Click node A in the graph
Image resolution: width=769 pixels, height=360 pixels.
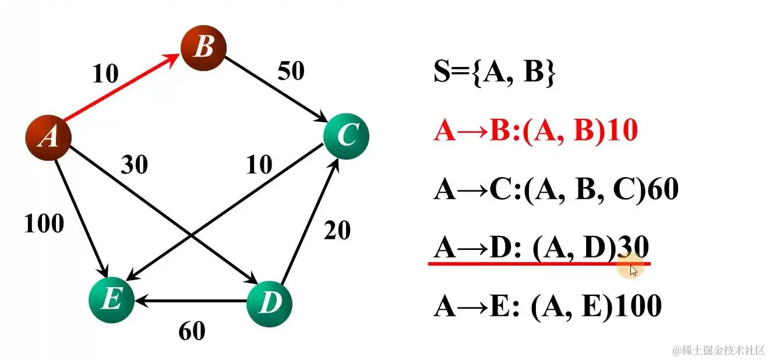coord(48,137)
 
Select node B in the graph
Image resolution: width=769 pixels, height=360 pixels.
coord(203,47)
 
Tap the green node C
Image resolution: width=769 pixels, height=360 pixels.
coord(346,136)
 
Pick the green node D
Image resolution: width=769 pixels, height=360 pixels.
coord(269,303)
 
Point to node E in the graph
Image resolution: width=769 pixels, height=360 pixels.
coord(111,301)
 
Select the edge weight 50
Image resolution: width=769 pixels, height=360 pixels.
coord(291,71)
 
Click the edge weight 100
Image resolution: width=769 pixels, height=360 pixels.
coord(44,223)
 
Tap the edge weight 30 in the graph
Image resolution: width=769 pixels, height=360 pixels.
coord(134,166)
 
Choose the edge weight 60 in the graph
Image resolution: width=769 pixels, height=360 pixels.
coord(192,331)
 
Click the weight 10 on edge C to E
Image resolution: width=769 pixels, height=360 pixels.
coord(259,165)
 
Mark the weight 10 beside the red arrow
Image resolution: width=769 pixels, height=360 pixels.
coord(105,73)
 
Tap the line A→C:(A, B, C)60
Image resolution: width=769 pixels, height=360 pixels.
coord(556,190)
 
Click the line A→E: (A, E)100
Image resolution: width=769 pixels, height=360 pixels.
coord(547,306)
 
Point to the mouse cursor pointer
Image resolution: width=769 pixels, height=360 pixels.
coord(633,270)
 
